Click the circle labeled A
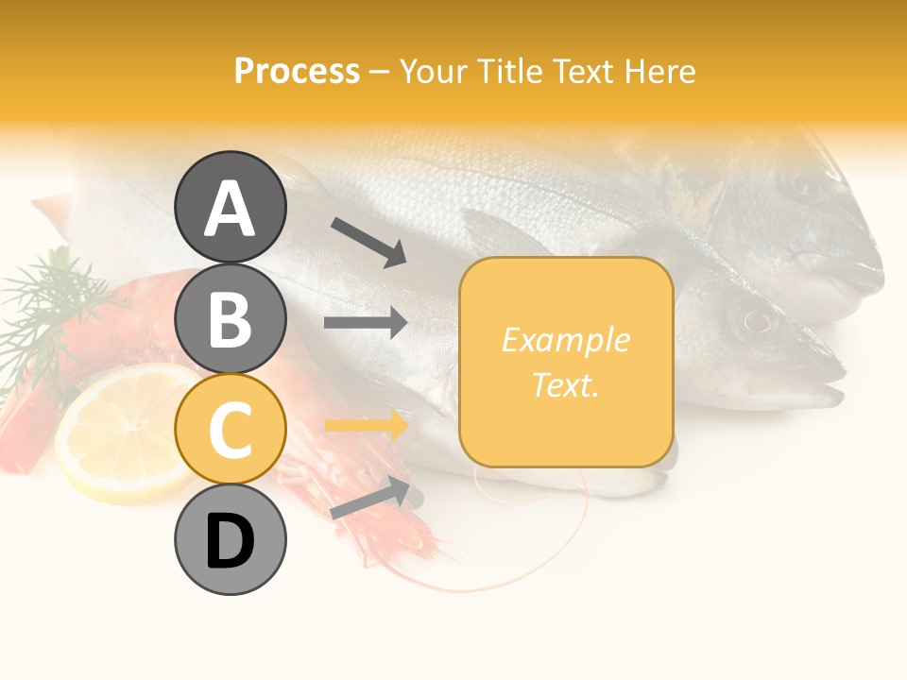tap(230, 207)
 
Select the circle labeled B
tap(230, 318)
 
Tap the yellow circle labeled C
tap(230, 430)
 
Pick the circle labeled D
tap(230, 541)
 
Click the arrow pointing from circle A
tap(368, 242)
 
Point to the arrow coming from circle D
tap(369, 499)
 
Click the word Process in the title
tap(297, 71)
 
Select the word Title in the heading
tap(508, 71)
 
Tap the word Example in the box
tap(566, 340)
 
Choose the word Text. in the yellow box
tap(566, 384)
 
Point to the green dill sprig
tap(57, 302)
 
